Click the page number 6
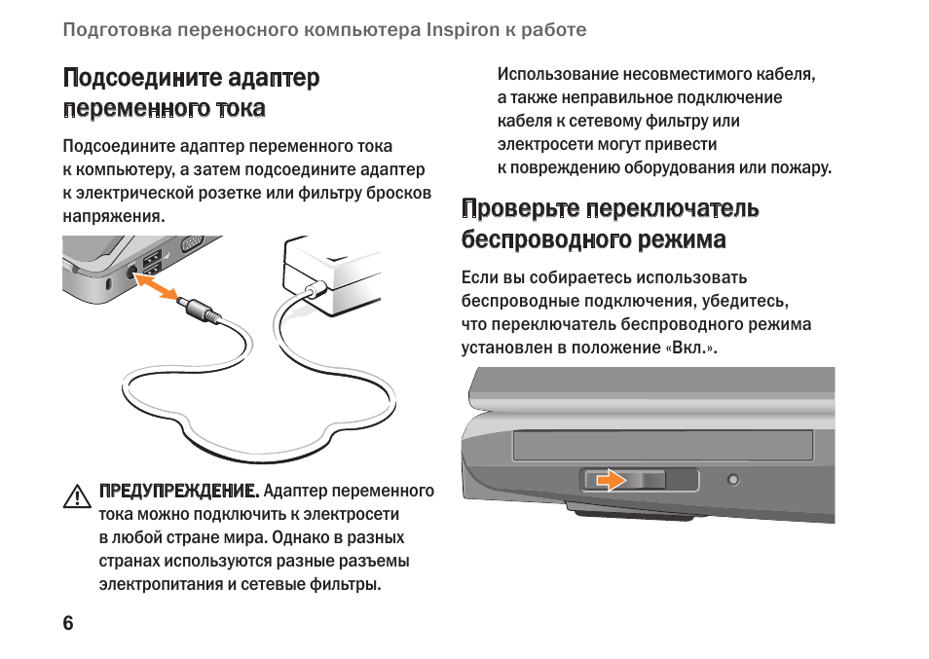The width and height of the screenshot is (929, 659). point(68,623)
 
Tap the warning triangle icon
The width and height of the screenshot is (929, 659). point(76,496)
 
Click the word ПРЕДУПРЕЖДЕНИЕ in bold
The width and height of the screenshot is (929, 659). point(179,491)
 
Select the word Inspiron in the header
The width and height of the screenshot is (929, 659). point(464,29)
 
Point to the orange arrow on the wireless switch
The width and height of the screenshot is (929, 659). point(611,480)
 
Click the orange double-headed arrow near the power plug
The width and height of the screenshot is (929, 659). point(156,286)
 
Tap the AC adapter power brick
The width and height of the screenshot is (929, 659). point(332,275)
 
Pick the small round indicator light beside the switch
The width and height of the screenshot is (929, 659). point(733,480)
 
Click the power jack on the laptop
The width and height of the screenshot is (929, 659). point(132,273)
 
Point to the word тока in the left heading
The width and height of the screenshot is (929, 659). point(241,108)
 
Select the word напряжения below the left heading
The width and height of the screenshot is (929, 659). point(114,217)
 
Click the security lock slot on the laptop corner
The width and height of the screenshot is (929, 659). point(108,284)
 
